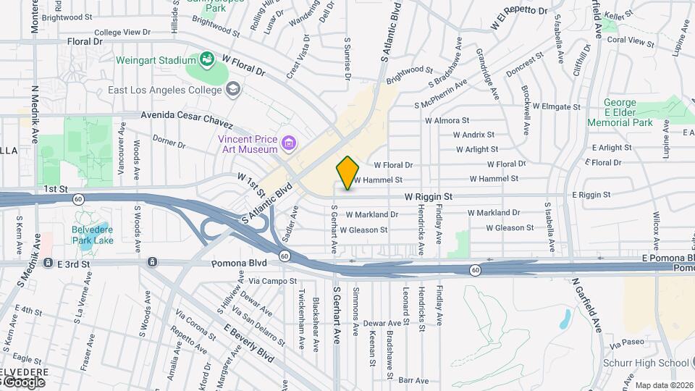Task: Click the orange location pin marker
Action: (347, 173)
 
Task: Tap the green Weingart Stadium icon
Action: (206, 59)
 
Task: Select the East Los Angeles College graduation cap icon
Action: (232, 90)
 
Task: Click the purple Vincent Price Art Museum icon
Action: (289, 143)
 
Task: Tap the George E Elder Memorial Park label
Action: (630, 113)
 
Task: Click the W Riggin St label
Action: (429, 196)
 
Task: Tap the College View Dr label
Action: (122, 33)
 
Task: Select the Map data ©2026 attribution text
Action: (663, 385)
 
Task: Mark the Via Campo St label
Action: (273, 280)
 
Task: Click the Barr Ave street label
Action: (414, 379)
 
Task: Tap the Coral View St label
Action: (631, 41)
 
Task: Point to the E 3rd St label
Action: (74, 264)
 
